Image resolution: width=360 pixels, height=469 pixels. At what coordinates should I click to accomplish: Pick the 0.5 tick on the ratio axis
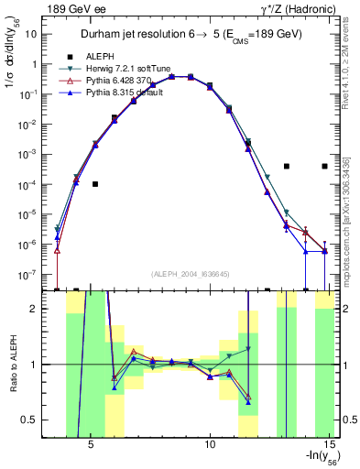coord(28,420)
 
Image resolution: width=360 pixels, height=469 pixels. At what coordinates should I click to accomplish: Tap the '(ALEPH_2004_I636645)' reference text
coord(191,274)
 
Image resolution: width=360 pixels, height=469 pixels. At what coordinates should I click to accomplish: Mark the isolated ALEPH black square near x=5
coord(95,184)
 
